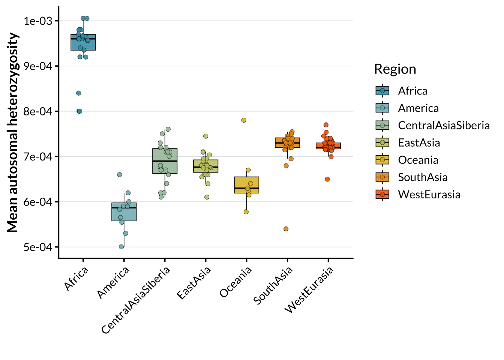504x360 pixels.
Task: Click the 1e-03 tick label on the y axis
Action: [x=38, y=21]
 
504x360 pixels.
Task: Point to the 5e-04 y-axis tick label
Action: [x=38, y=247]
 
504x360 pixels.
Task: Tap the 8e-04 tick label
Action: [x=38, y=112]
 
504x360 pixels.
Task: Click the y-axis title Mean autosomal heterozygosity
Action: [x=12, y=132]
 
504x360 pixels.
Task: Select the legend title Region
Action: [x=395, y=69]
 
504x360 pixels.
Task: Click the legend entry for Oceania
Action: [x=418, y=160]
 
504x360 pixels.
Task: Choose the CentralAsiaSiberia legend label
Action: [x=444, y=126]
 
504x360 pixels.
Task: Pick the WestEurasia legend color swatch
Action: [x=382, y=195]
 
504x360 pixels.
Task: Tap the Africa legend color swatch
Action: [x=382, y=91]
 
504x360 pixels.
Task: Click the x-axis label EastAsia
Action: [x=194, y=283]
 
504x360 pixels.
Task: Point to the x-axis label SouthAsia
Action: [x=273, y=286]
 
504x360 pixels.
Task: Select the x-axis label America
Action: [x=113, y=283]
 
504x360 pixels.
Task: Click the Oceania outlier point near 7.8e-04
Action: [x=244, y=120]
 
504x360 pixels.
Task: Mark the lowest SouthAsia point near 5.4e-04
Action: [x=286, y=229]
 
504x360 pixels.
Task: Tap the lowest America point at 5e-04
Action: [x=121, y=247]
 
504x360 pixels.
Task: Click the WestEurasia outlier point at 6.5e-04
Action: [x=327, y=179]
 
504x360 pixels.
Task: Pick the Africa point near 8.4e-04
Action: [x=79, y=93]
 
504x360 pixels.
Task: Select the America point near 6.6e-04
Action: [x=120, y=175]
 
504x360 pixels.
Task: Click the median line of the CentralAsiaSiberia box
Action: [x=165, y=161]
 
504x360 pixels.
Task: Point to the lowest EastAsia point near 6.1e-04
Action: [x=207, y=197]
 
